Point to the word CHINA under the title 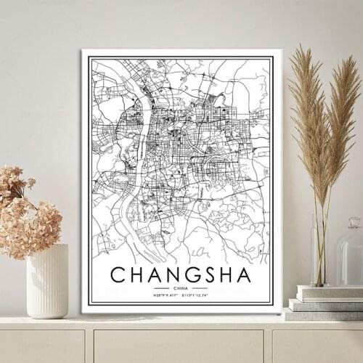(x=181, y=288)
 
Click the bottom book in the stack (x=324, y=314)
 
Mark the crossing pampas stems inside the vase (x=319, y=247)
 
